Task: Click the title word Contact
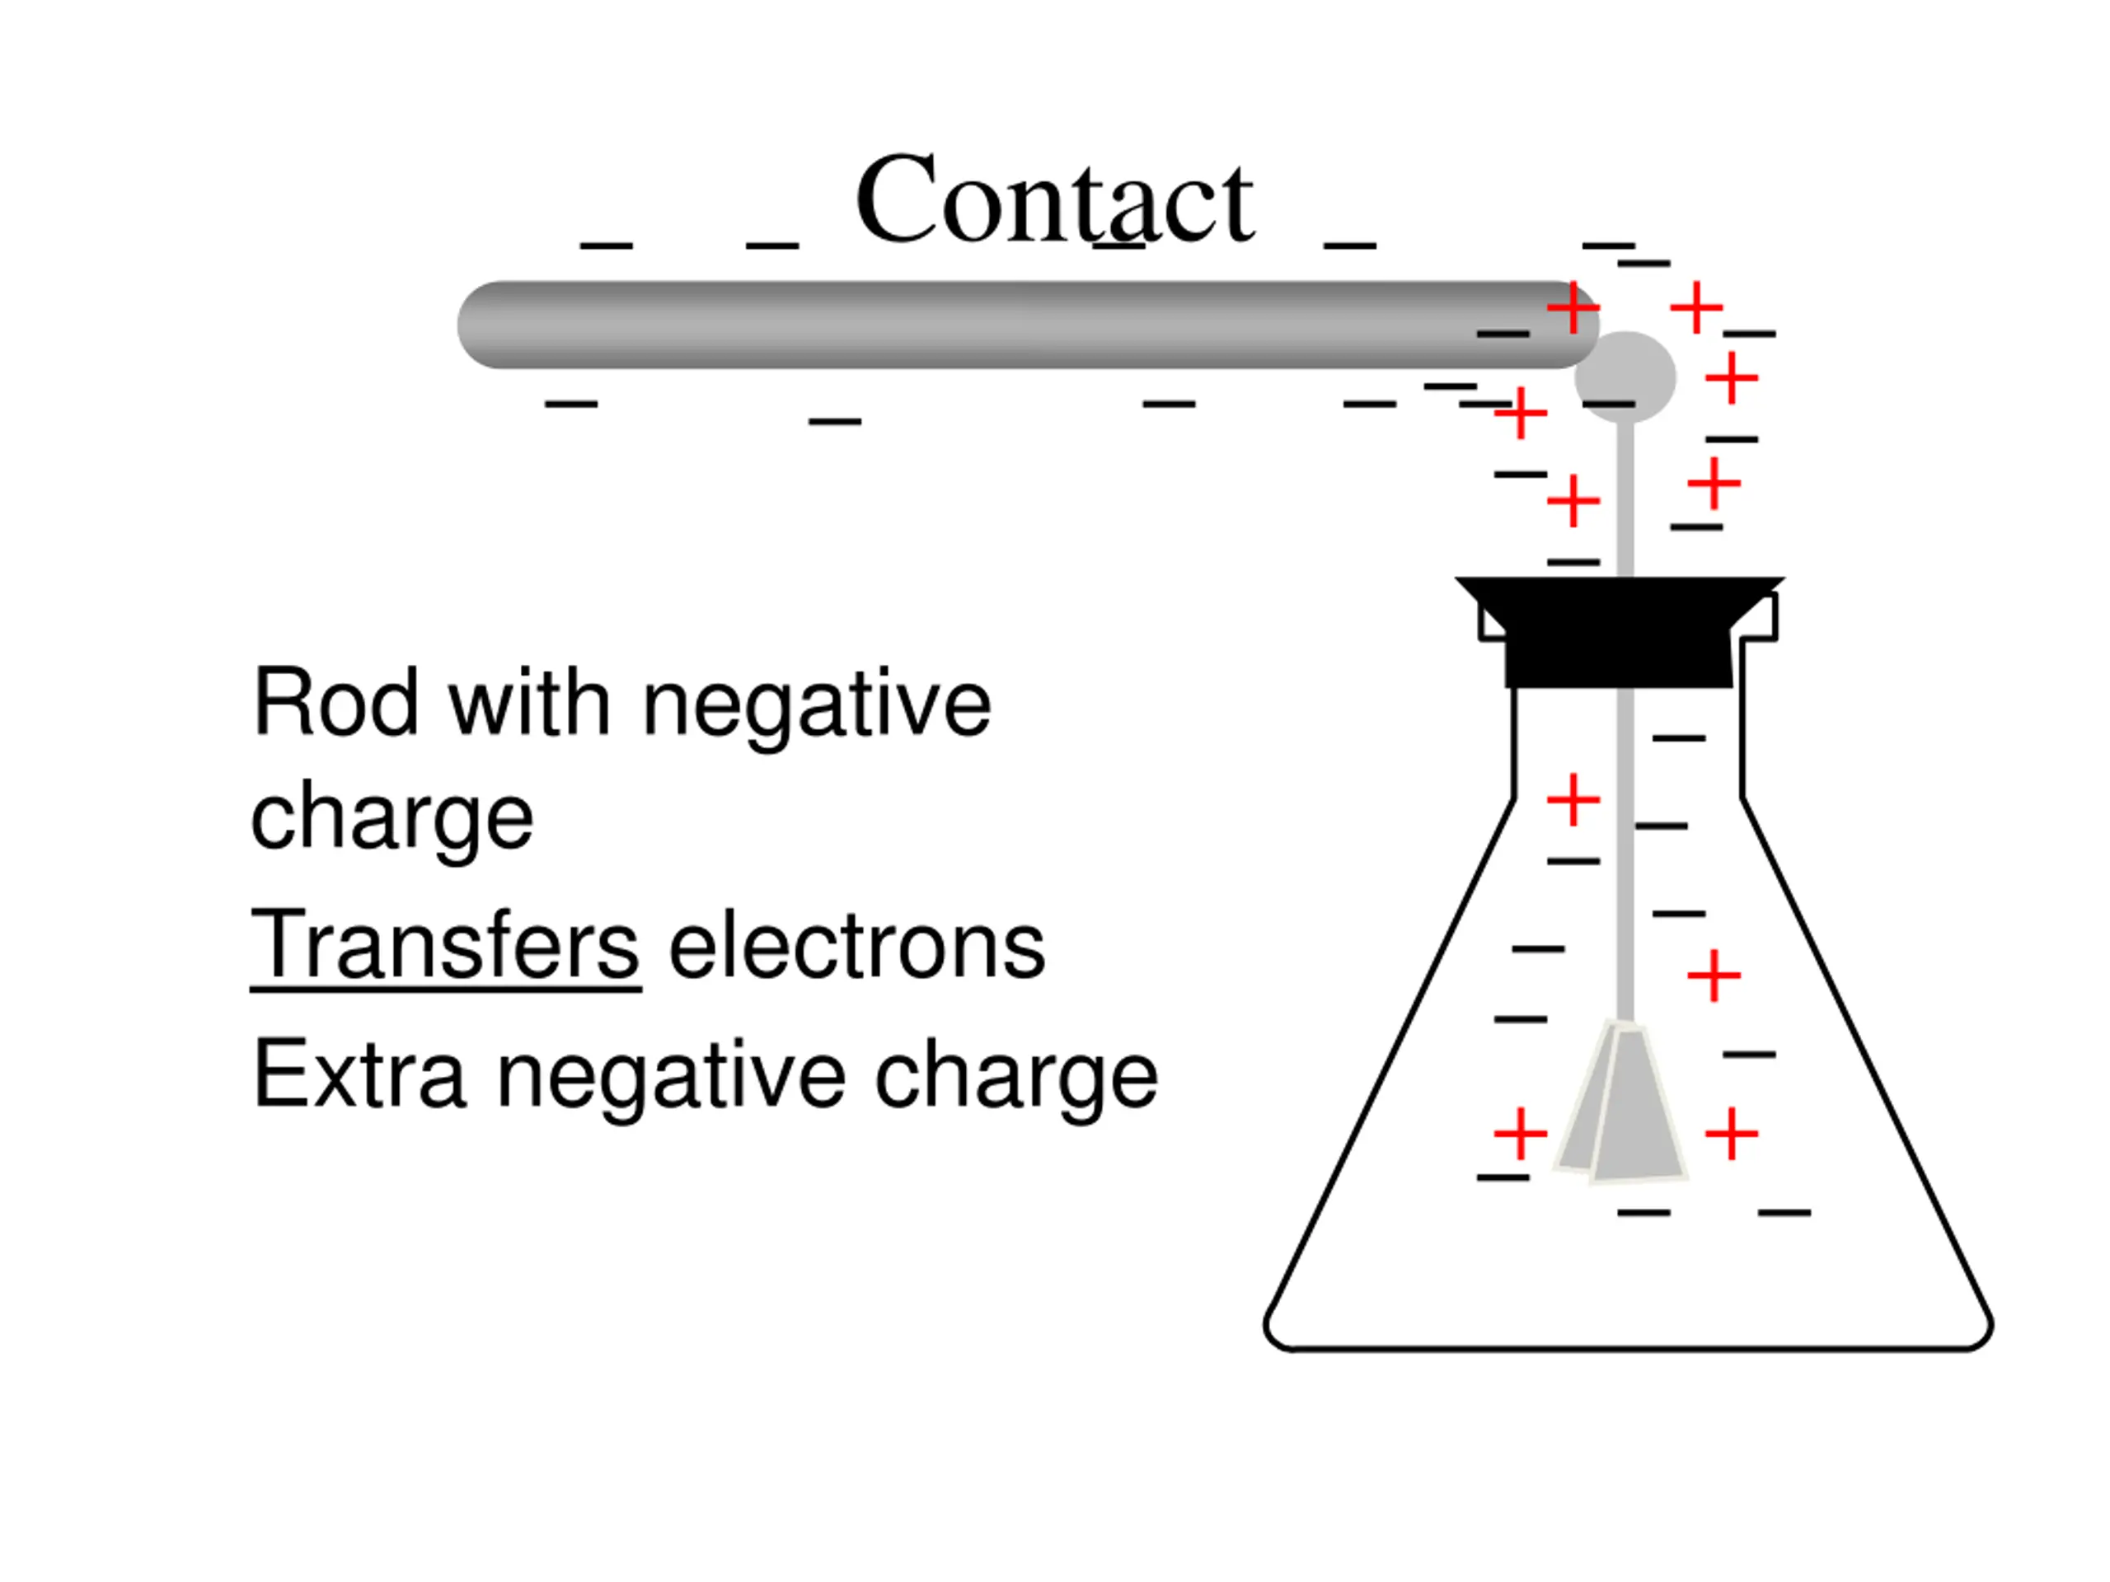click(x=1053, y=200)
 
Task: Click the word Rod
click(x=335, y=704)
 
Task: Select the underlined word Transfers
click(x=444, y=945)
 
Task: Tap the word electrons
click(x=856, y=945)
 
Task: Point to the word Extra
click(x=359, y=1074)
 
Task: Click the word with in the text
click(x=529, y=704)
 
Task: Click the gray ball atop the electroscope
click(x=1625, y=375)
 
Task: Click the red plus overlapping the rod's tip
click(x=1573, y=308)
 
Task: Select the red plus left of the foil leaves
click(x=1520, y=1133)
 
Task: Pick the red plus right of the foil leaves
click(x=1732, y=1133)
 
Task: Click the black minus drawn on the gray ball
click(x=1608, y=405)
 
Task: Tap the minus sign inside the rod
click(x=1503, y=334)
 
